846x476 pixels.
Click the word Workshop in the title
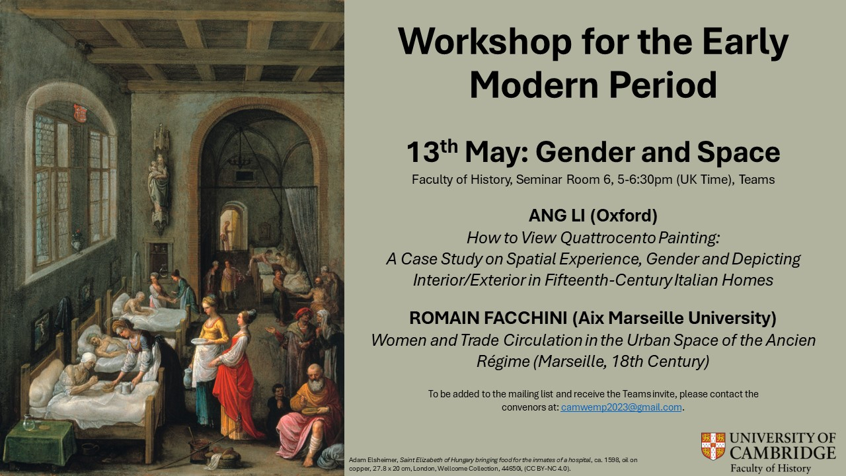click(x=484, y=42)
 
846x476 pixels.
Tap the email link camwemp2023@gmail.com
click(x=621, y=407)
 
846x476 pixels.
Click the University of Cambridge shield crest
click(x=713, y=446)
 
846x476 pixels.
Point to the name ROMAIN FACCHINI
click(x=488, y=318)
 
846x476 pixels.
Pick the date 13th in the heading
click(x=432, y=152)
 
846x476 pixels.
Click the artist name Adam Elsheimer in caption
click(x=373, y=460)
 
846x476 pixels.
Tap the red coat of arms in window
click(x=80, y=113)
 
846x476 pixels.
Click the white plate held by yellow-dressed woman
click(x=200, y=341)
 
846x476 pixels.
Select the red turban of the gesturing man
click(x=303, y=313)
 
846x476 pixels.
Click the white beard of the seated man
click(x=316, y=385)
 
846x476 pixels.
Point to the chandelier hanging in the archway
click(x=240, y=155)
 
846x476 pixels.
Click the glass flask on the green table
click(x=28, y=422)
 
